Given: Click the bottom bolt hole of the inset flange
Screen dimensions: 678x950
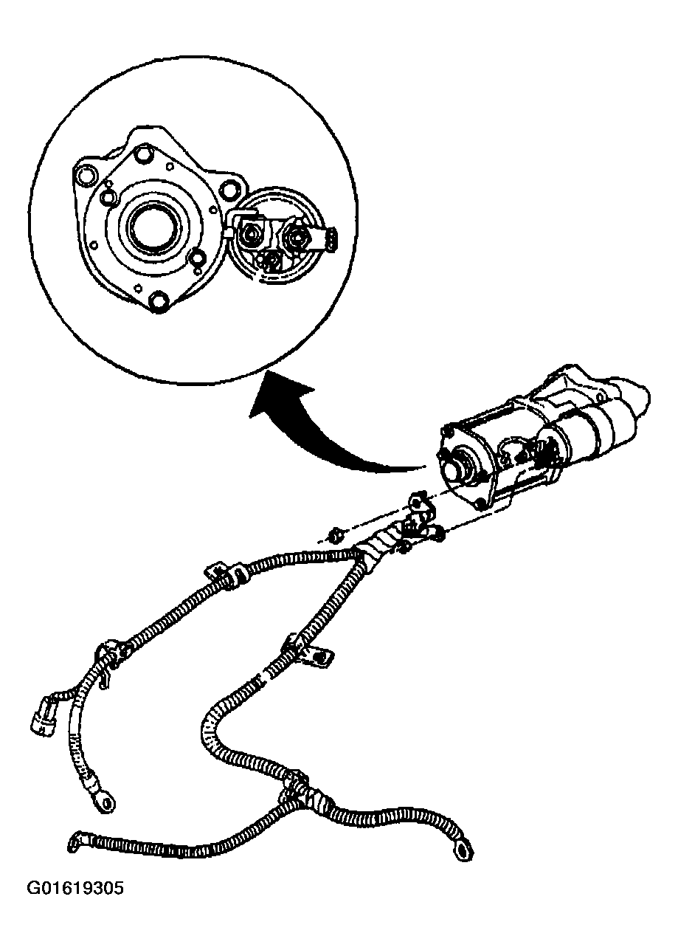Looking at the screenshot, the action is pos(159,300).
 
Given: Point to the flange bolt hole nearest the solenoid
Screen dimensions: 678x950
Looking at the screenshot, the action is pos(229,189).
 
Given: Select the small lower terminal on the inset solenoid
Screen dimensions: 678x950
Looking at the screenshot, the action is pos(271,261).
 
